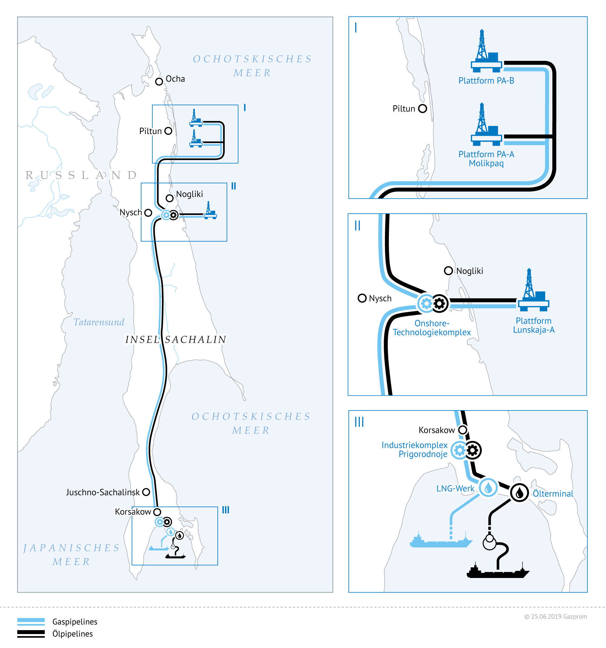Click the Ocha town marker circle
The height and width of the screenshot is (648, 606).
click(159, 82)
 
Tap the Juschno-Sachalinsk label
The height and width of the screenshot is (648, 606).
click(103, 492)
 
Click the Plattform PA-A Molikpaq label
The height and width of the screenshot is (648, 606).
click(486, 159)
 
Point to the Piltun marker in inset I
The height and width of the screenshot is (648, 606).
click(422, 109)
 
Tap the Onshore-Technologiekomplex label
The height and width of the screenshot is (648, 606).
click(432, 328)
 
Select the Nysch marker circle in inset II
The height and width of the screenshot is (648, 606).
click(362, 298)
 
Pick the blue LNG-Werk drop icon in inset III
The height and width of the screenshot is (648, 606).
click(488, 488)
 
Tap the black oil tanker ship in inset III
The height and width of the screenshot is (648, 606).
click(498, 571)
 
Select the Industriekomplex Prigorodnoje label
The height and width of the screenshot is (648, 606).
click(415, 449)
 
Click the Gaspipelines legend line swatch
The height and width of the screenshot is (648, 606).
click(31, 622)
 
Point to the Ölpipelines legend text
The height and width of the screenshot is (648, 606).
click(73, 634)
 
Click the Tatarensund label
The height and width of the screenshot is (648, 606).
click(99, 322)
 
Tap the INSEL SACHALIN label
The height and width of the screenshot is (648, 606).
click(176, 340)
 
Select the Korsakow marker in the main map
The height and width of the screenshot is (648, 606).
click(157, 512)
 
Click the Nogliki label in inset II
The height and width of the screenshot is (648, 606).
click(469, 271)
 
